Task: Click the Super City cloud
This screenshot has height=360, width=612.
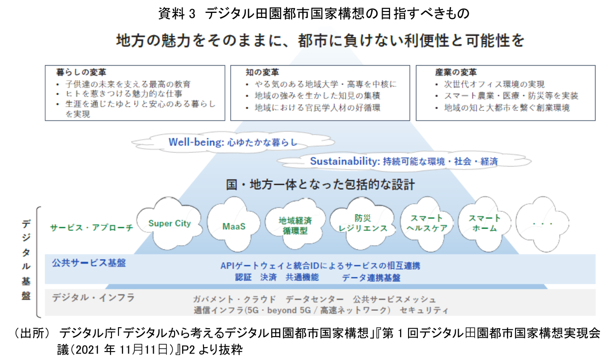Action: (170, 224)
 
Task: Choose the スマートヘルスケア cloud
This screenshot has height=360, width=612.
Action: (426, 224)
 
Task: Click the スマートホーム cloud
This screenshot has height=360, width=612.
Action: (485, 223)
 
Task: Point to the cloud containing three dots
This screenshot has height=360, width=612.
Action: (543, 224)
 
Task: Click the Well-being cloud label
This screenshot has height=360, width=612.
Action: (232, 143)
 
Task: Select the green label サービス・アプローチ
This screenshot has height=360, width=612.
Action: (92, 228)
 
